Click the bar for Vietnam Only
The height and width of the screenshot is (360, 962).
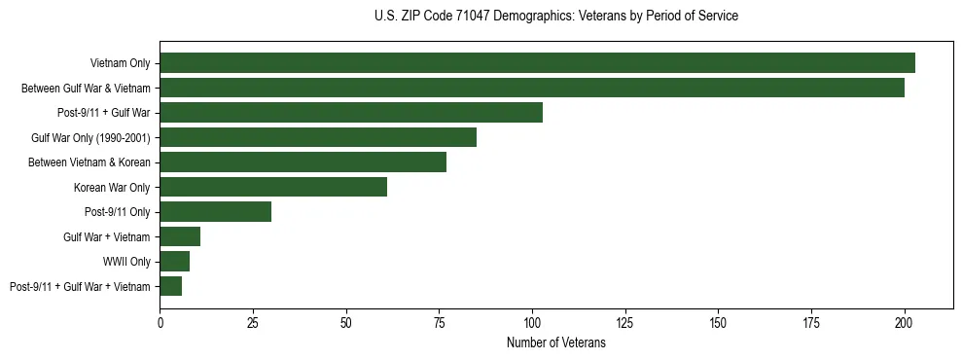(537, 63)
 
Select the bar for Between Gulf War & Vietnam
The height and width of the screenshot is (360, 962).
(532, 88)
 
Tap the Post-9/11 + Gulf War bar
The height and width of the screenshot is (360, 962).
(351, 113)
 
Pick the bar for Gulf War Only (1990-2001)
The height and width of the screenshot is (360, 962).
(318, 137)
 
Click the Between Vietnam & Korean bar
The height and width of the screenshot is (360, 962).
(303, 162)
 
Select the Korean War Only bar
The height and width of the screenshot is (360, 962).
(273, 187)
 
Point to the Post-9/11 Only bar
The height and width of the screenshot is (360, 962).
(216, 211)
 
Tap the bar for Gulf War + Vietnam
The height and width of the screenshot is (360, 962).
(180, 236)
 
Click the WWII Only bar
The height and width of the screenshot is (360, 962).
(175, 261)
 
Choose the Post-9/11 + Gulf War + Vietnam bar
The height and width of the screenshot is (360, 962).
(171, 286)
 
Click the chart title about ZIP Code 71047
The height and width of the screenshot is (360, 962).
(555, 17)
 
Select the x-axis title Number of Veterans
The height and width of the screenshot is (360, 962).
(555, 342)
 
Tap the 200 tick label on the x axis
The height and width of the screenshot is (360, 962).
(905, 321)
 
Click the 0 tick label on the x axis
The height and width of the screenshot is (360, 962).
(160, 321)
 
